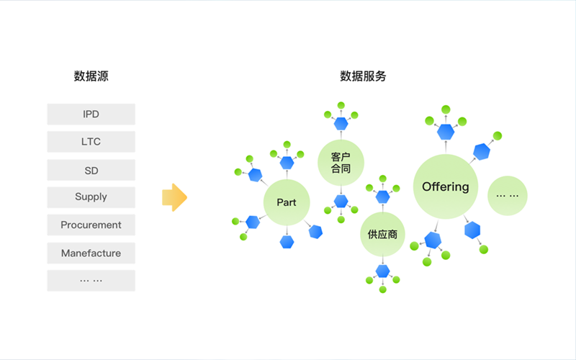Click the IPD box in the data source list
pyautogui.click(x=91, y=114)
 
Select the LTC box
pyautogui.click(x=91, y=142)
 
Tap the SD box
pyautogui.click(x=91, y=171)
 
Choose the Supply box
pyautogui.click(x=91, y=197)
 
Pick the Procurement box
pyautogui.click(x=91, y=225)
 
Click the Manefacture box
pyautogui.click(x=91, y=253)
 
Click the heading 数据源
pyautogui.click(x=91, y=76)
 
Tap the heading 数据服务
pyautogui.click(x=363, y=76)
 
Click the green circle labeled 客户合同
pyautogui.click(x=341, y=163)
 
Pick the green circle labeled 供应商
pyautogui.click(x=382, y=234)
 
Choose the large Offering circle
pyautogui.click(x=445, y=186)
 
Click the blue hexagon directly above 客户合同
pyautogui.click(x=341, y=123)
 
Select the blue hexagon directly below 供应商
pyautogui.click(x=382, y=272)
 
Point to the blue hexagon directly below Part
pyautogui.click(x=287, y=242)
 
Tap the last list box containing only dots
pyautogui.click(x=91, y=280)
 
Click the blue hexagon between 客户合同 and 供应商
pyautogui.click(x=341, y=201)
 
